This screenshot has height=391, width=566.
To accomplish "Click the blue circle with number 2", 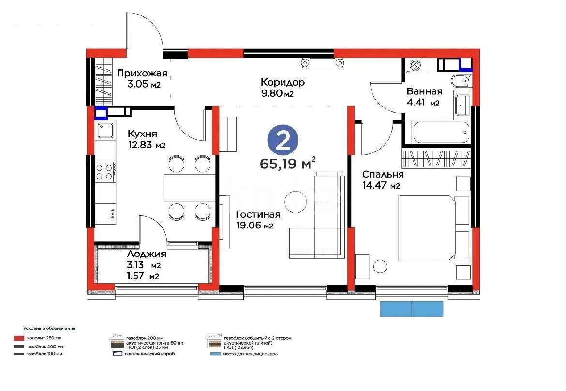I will coord(283,140).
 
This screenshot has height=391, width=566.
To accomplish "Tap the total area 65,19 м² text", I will coord(288,163).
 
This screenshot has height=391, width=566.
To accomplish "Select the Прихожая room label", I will coord(142,74).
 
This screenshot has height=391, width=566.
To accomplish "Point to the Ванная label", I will coord(424,92).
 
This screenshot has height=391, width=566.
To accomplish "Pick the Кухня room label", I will coord(142,134).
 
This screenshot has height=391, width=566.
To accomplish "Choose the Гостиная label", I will coord(258,214).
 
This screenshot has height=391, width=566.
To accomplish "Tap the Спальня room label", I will coord(383,175).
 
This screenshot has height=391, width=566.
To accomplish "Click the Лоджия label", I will coord(146,254).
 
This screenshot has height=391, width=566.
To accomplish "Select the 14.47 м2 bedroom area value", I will coord(381,185).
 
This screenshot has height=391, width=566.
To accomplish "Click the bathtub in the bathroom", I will coord(440,132).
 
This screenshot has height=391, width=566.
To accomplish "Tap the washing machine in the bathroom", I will coord(415,65).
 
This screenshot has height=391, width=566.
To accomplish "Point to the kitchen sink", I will coord(105,130).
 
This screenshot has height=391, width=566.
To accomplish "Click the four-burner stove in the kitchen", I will coord(105,172).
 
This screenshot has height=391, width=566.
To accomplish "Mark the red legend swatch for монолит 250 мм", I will coord(19,338).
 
